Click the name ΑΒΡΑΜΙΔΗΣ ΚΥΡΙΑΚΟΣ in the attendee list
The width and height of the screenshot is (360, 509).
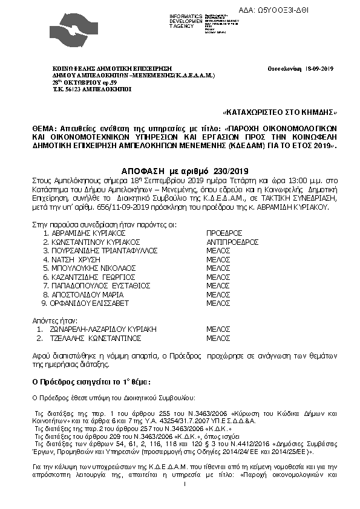(84, 233)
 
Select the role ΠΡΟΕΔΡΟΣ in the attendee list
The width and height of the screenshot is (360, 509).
(224, 233)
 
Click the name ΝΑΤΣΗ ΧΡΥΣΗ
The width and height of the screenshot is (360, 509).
(74, 259)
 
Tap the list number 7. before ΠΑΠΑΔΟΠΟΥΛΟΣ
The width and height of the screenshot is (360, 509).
(45, 285)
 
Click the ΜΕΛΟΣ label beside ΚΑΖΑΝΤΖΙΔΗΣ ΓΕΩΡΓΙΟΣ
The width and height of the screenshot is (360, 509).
(218, 276)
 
